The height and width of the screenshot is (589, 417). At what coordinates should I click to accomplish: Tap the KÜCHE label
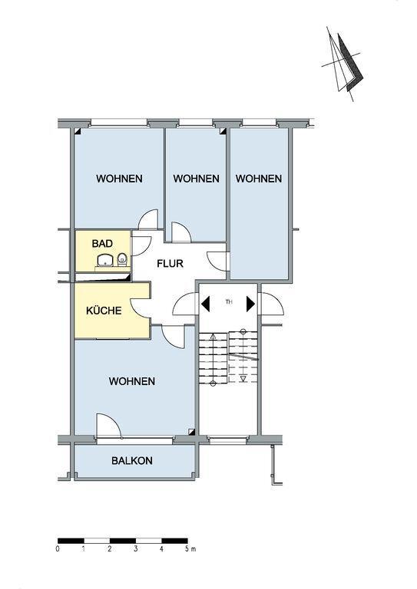[102, 311]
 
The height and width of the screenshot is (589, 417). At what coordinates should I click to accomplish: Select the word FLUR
[170, 264]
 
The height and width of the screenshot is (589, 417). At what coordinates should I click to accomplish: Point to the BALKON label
[132, 461]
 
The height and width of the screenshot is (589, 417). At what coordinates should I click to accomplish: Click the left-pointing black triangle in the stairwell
[206, 304]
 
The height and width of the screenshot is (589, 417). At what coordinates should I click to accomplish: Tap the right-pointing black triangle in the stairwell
[250, 304]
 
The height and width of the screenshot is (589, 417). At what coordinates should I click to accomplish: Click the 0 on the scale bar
[58, 549]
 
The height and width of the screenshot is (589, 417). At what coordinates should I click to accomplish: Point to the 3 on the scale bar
[135, 549]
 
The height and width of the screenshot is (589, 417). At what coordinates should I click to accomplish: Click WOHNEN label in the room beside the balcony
[132, 381]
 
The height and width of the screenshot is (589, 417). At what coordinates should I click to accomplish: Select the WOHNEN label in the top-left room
[119, 179]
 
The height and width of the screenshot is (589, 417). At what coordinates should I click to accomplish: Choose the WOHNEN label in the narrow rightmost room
[258, 179]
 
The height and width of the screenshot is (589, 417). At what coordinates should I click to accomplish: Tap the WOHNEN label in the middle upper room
[196, 179]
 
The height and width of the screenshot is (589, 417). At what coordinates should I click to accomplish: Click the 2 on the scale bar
[110, 549]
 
